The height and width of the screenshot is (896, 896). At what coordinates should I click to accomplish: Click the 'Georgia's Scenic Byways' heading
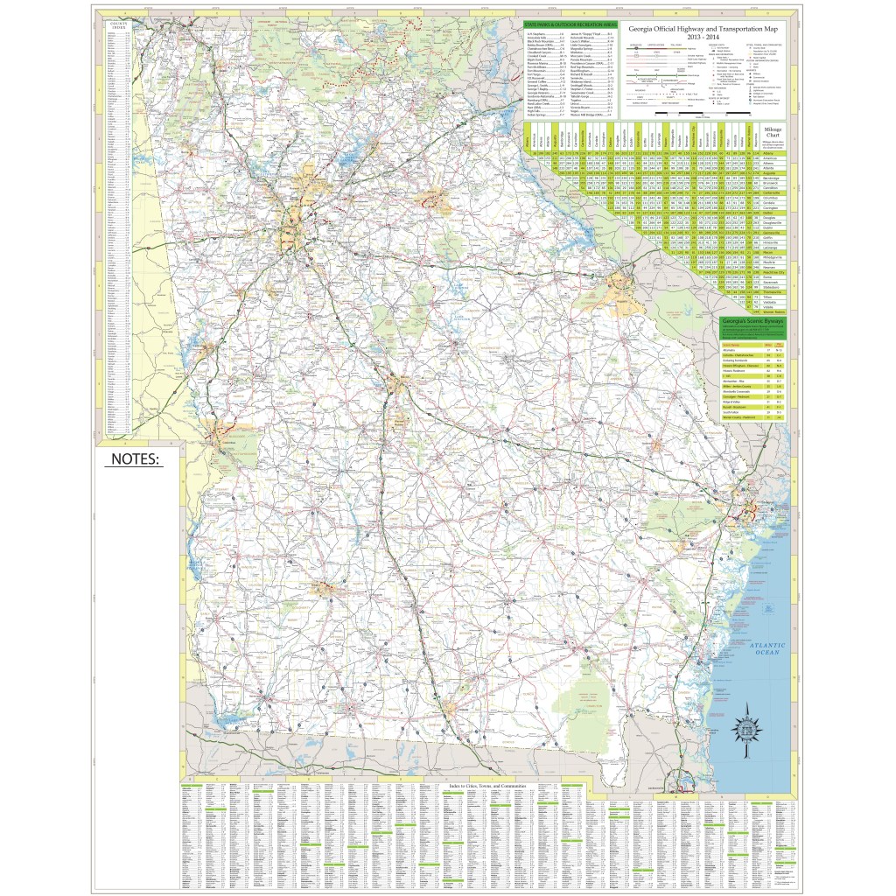point(752,321)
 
